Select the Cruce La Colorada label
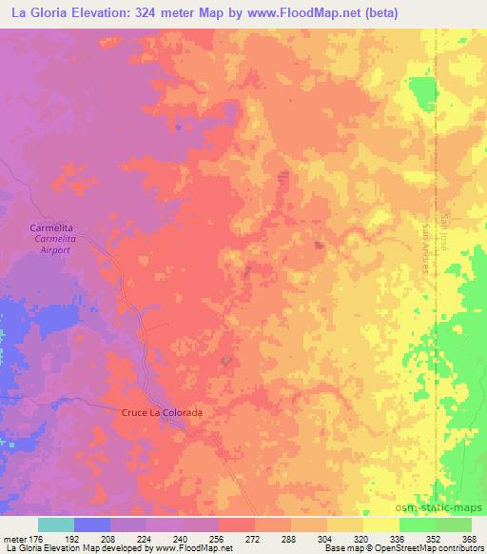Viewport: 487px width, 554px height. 162,412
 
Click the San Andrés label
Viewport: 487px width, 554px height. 426,249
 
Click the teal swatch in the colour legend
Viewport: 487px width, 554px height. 56,524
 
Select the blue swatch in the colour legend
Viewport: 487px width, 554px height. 92,524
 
